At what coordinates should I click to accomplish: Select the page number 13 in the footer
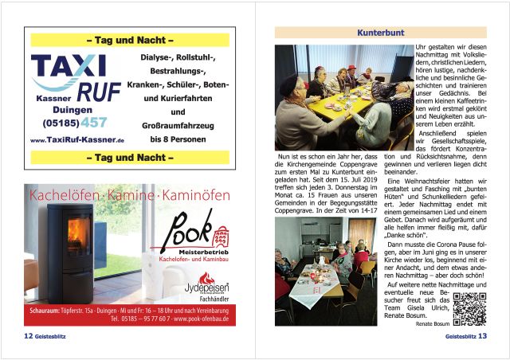point(482,336)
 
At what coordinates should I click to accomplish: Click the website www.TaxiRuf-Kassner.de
point(76,140)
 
